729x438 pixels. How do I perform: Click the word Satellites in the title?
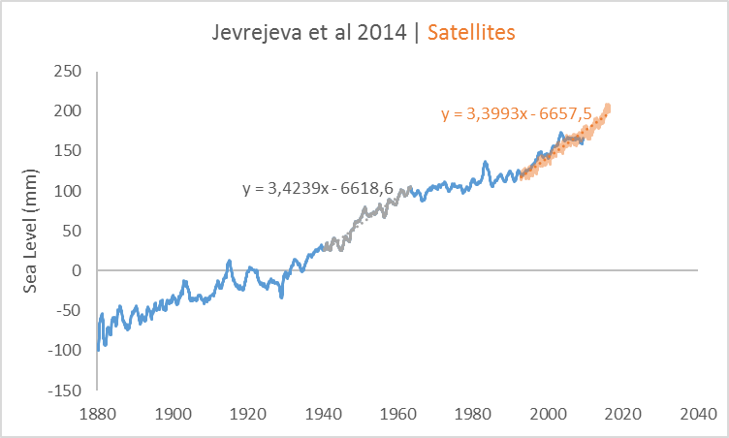click(x=473, y=32)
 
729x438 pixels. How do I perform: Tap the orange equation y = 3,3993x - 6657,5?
click(x=516, y=114)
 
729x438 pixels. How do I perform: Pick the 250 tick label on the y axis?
click(x=68, y=71)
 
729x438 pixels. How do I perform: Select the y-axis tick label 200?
click(x=68, y=110)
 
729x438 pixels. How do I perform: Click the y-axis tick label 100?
click(x=68, y=191)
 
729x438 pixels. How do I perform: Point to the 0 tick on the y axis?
click(x=77, y=270)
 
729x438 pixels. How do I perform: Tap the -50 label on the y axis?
click(x=67, y=310)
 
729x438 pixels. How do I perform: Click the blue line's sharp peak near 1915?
click(x=229, y=261)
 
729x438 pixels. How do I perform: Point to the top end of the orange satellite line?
click(x=608, y=107)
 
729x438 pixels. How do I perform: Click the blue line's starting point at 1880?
click(x=98, y=349)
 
